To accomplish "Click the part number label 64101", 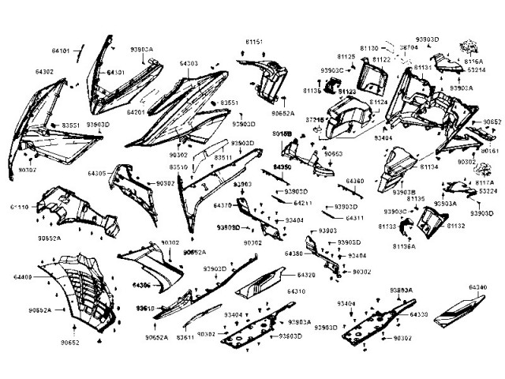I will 61,51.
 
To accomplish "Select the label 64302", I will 44,72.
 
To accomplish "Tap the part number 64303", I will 188,62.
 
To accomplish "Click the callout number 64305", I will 97,172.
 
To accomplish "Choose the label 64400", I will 23,277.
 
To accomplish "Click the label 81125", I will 346,57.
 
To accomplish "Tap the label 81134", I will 429,167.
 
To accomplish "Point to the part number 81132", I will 456,226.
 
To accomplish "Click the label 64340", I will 477,287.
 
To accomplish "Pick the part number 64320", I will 306,275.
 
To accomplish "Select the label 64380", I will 294,253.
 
